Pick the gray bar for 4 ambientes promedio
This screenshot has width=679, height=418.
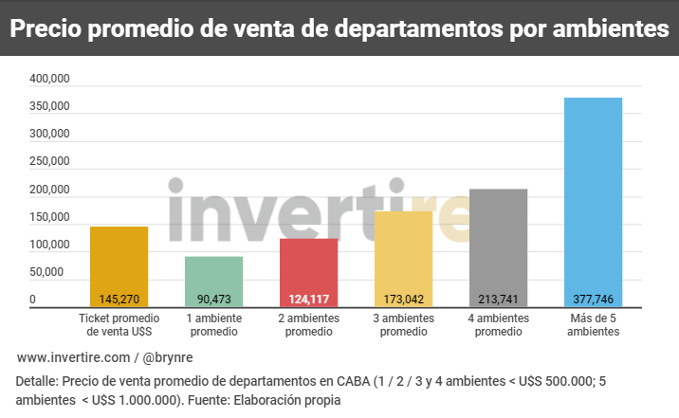click(498, 242)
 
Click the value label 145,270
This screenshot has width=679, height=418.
click(119, 300)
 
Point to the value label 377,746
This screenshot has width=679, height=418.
click(593, 300)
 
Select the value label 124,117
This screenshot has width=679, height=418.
click(308, 300)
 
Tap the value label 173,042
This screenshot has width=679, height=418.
click(403, 300)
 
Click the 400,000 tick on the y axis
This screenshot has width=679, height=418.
click(48, 81)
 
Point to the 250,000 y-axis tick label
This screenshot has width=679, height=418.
click(48, 163)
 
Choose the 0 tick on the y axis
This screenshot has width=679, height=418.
click(32, 300)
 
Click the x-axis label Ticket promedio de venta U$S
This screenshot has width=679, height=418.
click(119, 325)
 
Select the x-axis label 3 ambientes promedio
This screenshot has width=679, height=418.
click(403, 325)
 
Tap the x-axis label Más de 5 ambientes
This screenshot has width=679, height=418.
click(593, 325)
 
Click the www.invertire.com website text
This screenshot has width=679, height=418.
click(73, 357)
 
